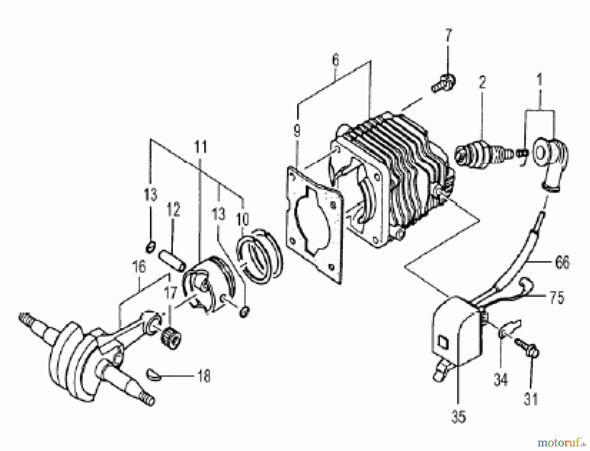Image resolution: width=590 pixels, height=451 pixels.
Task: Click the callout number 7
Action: [x=448, y=36]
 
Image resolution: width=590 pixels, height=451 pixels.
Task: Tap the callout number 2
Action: [x=482, y=83]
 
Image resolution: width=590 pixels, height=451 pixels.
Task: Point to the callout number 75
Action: [x=557, y=298]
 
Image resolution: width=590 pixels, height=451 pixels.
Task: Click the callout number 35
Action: [x=458, y=417]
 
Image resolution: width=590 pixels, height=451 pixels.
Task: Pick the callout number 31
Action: [x=531, y=400]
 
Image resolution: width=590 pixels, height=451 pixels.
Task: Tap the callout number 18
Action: [x=203, y=376]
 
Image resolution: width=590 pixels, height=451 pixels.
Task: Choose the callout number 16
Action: [x=139, y=267]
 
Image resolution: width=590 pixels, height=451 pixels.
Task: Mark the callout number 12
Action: [x=173, y=210]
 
